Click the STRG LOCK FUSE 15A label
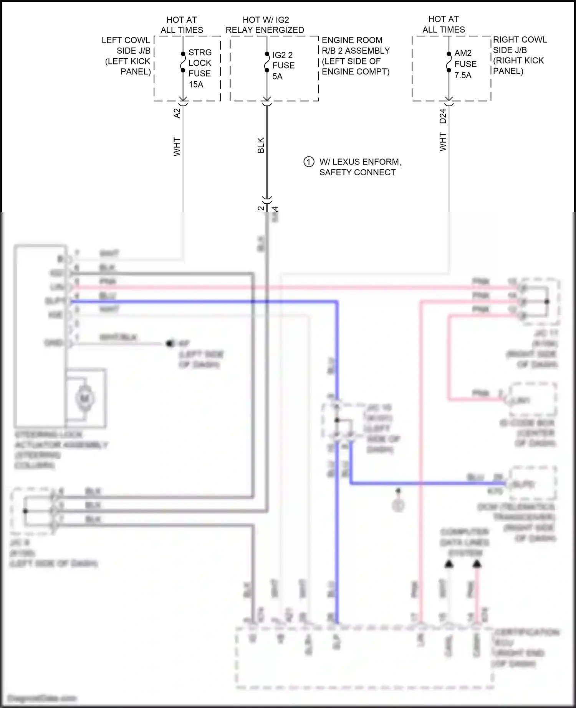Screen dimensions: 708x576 [x=200, y=68]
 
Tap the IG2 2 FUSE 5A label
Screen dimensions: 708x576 [x=283, y=65]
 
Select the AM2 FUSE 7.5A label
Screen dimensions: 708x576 [x=465, y=64]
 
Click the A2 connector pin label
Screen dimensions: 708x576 [x=177, y=113]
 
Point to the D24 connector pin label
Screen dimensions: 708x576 [x=443, y=116]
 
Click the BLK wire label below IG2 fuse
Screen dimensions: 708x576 [x=261, y=145]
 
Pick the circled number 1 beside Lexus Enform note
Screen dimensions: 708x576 [x=309, y=162]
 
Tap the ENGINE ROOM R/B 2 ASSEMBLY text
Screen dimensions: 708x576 [x=356, y=45]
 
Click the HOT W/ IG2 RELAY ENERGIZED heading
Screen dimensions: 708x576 [x=265, y=25]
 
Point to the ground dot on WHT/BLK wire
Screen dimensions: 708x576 [x=169, y=343]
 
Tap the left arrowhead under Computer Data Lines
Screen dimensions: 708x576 [x=449, y=564]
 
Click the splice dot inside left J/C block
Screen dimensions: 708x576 [x=25, y=511]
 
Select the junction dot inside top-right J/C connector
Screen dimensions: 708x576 [x=547, y=301]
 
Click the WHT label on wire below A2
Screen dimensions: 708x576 [x=177, y=147]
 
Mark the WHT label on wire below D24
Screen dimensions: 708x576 [x=443, y=142]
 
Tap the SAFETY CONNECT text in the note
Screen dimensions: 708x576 [x=357, y=172]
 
